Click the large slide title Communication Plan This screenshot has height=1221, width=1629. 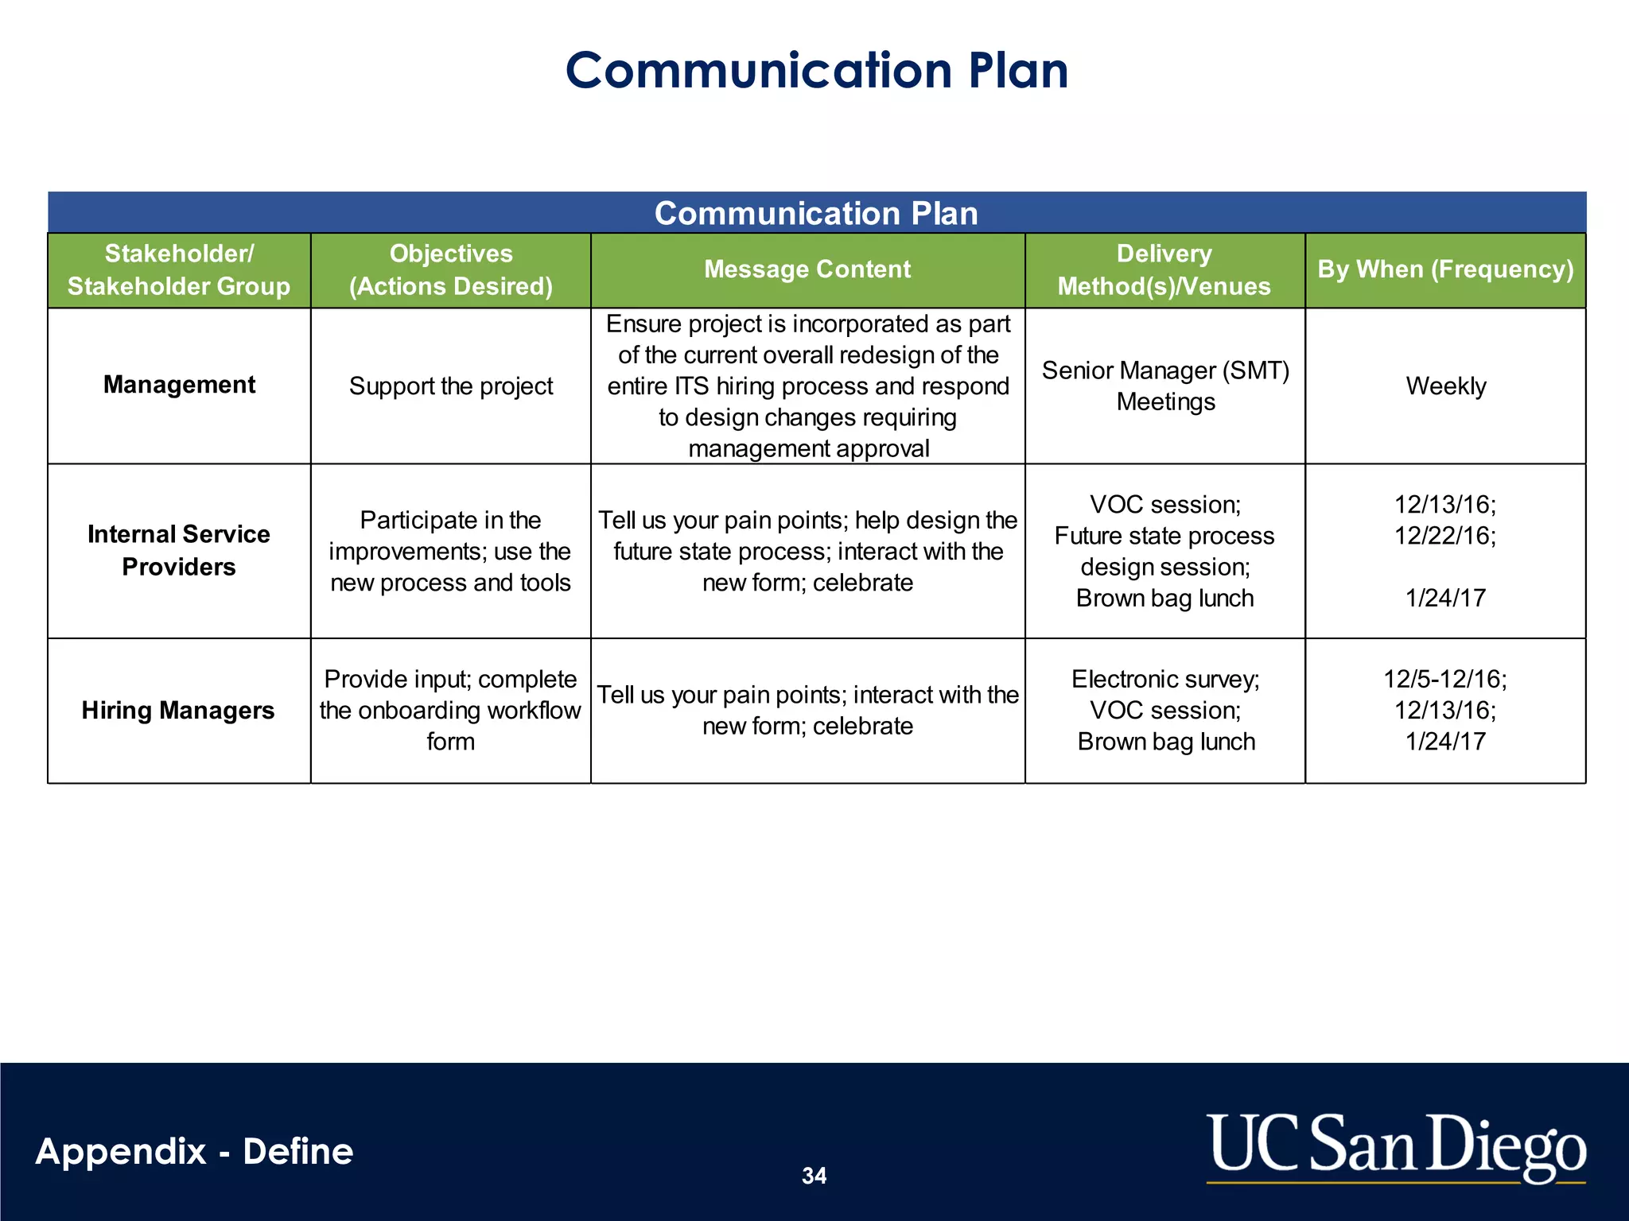click(816, 70)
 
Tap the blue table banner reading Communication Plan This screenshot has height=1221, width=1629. click(816, 213)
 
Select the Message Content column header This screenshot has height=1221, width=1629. click(807, 269)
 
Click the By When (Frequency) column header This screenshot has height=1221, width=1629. click(1445, 269)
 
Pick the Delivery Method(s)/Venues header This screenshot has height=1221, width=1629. click(1164, 269)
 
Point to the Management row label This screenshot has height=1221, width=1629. click(179, 385)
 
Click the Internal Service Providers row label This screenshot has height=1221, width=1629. click(179, 550)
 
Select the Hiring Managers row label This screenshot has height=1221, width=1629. click(178, 710)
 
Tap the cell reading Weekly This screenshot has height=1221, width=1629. click(1445, 386)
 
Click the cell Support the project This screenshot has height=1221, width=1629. click(450, 386)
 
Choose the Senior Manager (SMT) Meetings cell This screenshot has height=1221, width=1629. click(1165, 386)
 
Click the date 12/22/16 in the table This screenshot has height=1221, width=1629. click(1444, 536)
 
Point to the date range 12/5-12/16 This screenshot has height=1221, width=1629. click(1444, 679)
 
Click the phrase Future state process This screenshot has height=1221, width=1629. click(1164, 536)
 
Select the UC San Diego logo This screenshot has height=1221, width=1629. click(1396, 1146)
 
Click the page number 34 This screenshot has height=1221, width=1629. click(814, 1176)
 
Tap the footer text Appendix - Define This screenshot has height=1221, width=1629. click(194, 1152)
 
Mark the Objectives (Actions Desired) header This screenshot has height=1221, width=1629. click(450, 269)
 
